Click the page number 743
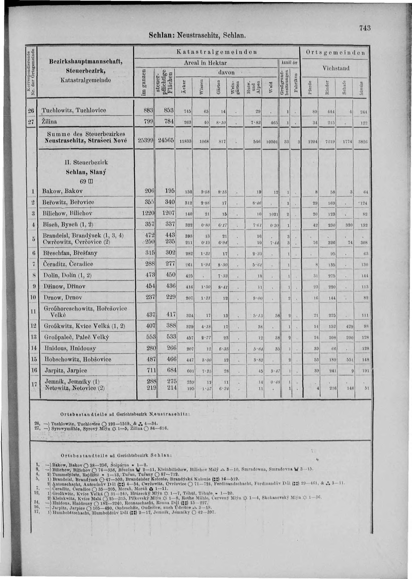(x=365, y=28)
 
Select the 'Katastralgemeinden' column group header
(x=216, y=52)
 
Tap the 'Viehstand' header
(x=336, y=68)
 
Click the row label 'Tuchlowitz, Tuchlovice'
(x=72, y=110)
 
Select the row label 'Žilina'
(x=50, y=122)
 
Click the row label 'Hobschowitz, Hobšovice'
(x=74, y=359)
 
